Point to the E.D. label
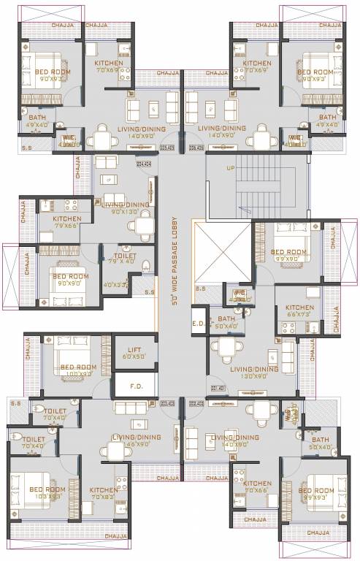pos(197,322)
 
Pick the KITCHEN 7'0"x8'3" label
pos(104,493)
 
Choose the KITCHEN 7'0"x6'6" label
pos(257,487)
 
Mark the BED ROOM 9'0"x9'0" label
pos(69,280)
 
